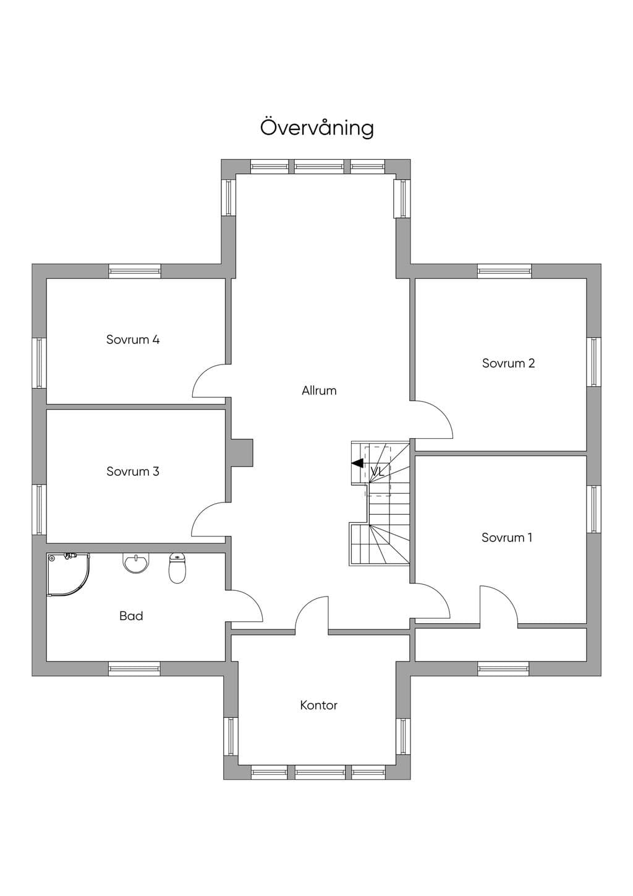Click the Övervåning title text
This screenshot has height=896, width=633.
[x=317, y=127]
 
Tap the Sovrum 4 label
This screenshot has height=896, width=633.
[x=133, y=340]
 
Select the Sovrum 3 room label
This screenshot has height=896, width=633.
[x=133, y=471]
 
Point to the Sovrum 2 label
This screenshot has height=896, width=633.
[x=508, y=363]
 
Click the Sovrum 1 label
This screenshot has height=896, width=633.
[x=507, y=537]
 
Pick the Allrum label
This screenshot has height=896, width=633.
[x=319, y=390]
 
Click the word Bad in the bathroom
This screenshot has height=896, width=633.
[x=131, y=616]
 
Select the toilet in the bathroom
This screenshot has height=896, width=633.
[x=177, y=567]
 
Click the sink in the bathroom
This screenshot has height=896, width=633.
[x=136, y=563]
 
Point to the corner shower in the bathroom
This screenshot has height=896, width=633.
[x=68, y=575]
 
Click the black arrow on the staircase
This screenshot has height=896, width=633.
[x=357, y=463]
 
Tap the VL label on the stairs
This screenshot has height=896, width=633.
[x=377, y=472]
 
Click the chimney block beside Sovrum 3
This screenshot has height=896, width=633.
[x=241, y=453]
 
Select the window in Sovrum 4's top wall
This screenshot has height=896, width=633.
[x=135, y=271]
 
